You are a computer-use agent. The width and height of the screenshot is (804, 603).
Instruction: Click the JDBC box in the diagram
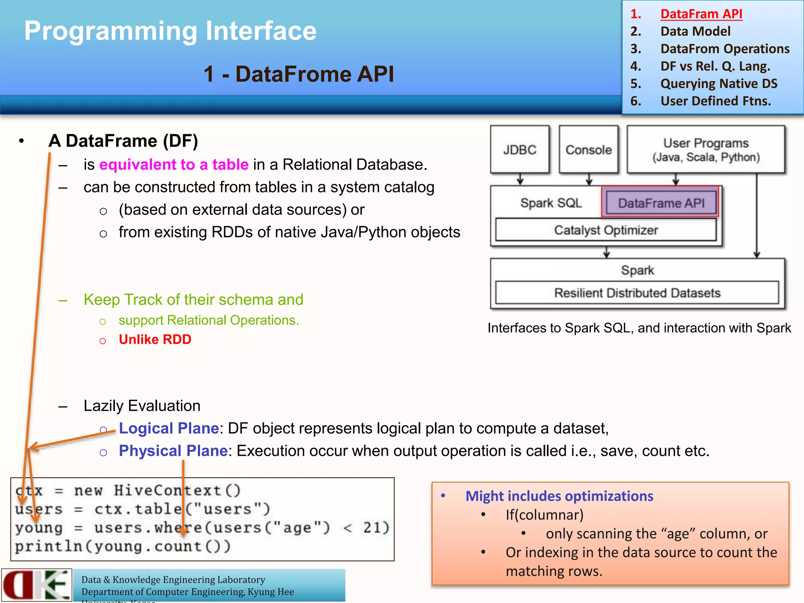(519, 150)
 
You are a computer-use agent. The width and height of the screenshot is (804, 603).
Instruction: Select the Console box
(588, 150)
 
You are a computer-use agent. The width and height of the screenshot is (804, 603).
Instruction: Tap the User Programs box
(705, 150)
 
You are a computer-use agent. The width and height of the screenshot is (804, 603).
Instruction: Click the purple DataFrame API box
(661, 203)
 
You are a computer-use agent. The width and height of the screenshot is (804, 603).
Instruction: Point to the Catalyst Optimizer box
(605, 230)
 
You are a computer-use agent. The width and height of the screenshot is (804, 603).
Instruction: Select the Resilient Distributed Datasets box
(637, 293)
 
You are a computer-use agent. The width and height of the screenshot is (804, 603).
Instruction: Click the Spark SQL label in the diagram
(551, 203)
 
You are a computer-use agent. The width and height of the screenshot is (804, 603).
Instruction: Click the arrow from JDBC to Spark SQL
(520, 179)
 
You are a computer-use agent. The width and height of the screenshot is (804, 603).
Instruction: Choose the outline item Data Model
(695, 31)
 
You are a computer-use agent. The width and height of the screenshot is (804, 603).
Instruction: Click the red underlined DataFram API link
(701, 14)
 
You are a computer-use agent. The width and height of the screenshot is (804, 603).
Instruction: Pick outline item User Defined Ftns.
(715, 101)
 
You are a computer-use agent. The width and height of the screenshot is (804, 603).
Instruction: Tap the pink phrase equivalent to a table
(174, 164)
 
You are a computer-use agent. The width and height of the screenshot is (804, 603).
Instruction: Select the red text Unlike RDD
(155, 339)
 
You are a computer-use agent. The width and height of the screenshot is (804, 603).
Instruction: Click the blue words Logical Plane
(169, 428)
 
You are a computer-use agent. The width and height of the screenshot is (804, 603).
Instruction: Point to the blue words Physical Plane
(173, 451)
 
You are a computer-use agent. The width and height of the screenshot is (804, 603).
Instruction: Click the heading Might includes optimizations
(559, 496)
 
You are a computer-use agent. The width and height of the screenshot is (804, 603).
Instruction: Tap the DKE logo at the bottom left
(36, 585)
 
